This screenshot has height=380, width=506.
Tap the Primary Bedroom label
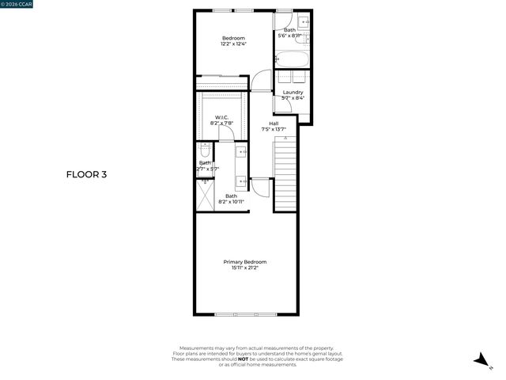244,262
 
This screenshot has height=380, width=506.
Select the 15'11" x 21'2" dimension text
244,268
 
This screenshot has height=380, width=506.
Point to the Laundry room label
293,93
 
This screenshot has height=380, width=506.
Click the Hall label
274,123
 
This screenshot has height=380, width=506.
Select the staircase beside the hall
285,174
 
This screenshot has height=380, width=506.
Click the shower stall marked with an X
205,194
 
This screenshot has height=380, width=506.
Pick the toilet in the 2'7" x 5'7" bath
204,150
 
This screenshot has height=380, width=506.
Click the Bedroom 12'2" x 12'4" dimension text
233,44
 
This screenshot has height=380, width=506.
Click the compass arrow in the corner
480,360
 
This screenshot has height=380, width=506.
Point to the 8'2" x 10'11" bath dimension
232,202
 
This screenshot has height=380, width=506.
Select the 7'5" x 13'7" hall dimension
274,130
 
